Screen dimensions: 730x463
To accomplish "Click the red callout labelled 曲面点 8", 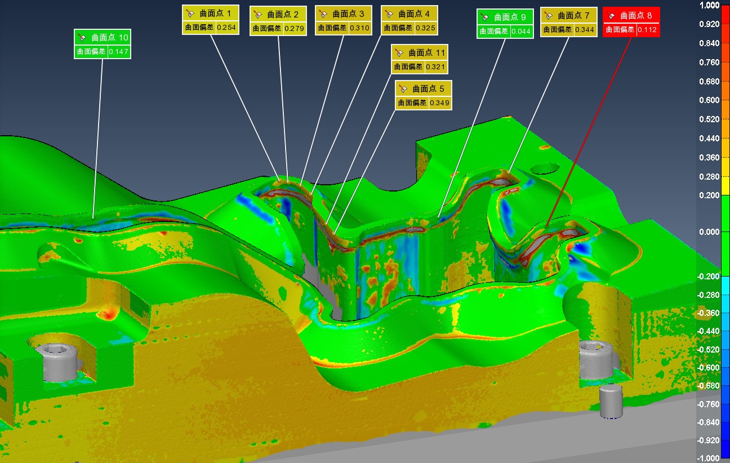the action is coord(631,22).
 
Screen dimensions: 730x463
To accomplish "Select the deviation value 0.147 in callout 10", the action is coord(118,51).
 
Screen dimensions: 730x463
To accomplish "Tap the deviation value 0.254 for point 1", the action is coord(226,28).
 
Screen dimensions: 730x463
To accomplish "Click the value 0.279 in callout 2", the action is coord(294,29).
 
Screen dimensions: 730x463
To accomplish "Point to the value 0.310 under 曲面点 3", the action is coord(359,28).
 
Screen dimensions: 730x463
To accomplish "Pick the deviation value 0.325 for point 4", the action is coord(425,28).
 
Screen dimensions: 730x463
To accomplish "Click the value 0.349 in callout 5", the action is coord(439,103).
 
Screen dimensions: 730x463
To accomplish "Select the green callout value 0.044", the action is coord(521,32).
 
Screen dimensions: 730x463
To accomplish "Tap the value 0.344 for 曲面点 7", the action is coord(584,30).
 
